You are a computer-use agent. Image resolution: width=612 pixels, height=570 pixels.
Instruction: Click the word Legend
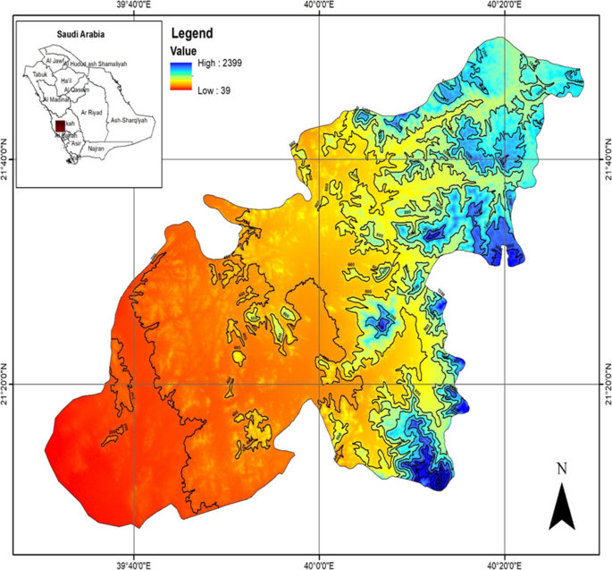point(192,34)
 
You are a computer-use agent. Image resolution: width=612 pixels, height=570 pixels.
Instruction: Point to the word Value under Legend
point(184,50)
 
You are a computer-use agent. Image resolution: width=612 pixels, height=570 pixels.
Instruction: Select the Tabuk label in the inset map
point(40,74)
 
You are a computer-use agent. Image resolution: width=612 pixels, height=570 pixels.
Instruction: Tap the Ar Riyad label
point(92,114)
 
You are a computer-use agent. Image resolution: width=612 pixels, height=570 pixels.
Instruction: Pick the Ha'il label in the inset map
point(66,81)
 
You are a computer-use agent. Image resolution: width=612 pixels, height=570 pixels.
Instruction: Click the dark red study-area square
point(60,127)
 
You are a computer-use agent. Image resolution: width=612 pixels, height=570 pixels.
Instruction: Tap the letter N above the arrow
point(561,468)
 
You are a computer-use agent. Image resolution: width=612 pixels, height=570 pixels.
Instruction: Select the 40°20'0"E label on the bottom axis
point(504,565)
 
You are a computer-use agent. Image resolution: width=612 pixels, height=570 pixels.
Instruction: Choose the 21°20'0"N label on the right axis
point(606,386)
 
